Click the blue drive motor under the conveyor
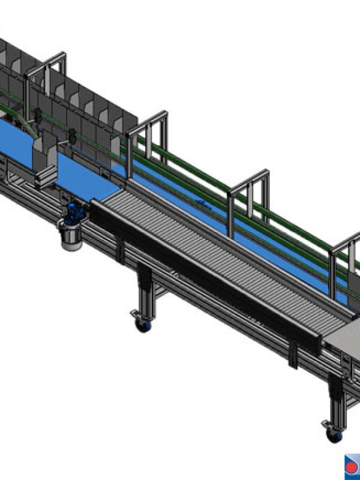74,211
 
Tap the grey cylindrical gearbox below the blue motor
71,235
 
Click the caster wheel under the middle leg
143,325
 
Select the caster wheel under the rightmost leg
333,433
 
